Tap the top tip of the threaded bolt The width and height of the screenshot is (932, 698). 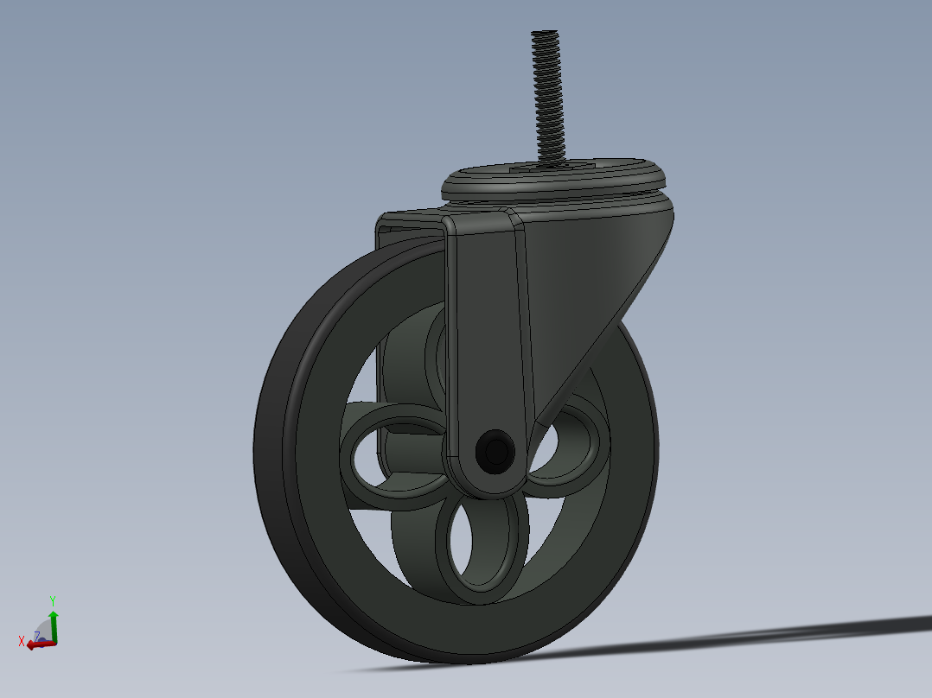[x=545, y=34]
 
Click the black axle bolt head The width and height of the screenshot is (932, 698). [x=496, y=451]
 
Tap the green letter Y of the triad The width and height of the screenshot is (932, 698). [x=53, y=600]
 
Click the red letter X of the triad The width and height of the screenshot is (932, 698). [x=22, y=641]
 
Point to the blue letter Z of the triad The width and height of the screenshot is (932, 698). [x=37, y=636]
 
